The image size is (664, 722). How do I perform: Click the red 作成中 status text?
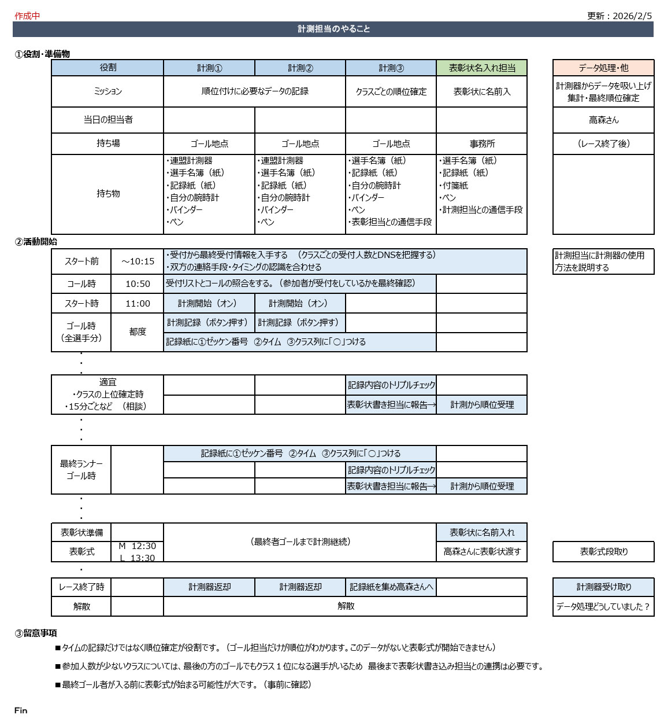(27, 16)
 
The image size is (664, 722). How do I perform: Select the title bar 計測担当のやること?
(333, 29)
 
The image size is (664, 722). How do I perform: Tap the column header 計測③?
(391, 68)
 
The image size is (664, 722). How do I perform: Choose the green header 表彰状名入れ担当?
(482, 68)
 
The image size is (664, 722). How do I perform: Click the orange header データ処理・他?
(603, 68)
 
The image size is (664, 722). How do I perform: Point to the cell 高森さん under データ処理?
(603, 120)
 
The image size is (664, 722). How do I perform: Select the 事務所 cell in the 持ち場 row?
(482, 144)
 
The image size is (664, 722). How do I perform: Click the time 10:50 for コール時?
(138, 284)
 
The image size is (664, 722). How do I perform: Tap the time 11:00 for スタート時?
(138, 304)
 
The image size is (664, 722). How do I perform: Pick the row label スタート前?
(81, 261)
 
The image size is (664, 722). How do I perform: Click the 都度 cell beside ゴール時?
(138, 332)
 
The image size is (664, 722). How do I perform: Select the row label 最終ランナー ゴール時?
(81, 470)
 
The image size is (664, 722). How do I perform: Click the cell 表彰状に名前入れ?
(482, 533)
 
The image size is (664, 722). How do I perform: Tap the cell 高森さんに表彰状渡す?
(482, 552)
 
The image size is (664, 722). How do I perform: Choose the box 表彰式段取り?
(603, 552)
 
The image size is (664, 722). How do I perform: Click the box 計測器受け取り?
(603, 587)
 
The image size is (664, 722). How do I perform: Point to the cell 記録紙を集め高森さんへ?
(391, 587)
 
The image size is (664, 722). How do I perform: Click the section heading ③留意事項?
(36, 633)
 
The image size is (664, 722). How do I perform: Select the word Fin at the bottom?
(21, 710)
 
